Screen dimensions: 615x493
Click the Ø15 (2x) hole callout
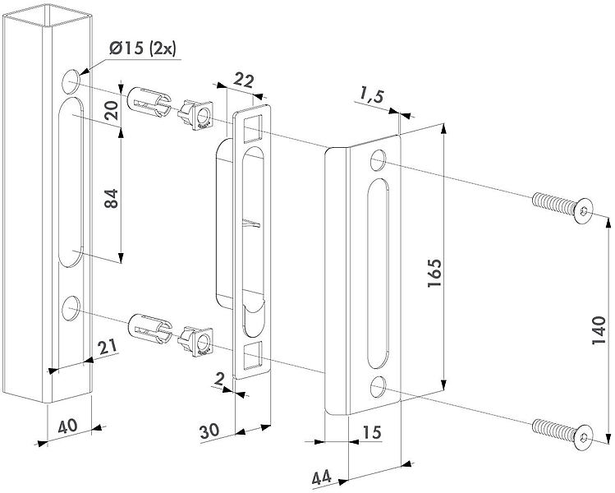point(143,49)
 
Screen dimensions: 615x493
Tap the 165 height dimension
point(434,273)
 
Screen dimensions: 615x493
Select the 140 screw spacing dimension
point(599,331)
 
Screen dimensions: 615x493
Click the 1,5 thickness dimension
point(370,97)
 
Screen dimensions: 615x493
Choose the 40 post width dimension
point(67,426)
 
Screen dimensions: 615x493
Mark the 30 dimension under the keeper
point(210,431)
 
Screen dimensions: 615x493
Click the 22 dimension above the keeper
point(244,80)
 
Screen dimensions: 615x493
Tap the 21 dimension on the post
point(108,347)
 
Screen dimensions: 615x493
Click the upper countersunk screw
point(562,205)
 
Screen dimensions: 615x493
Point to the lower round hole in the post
point(71,308)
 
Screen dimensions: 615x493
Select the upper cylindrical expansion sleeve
point(149,102)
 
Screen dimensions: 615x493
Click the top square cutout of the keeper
point(253,127)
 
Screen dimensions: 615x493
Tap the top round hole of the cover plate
point(378,160)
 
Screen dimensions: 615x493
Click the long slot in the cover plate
point(378,274)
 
